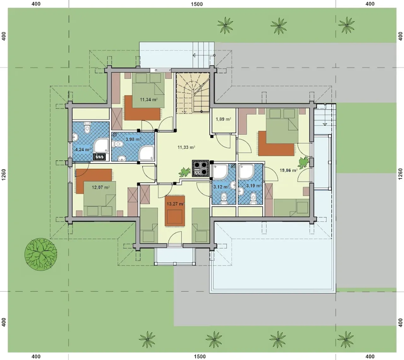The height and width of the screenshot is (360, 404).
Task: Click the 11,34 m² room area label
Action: tap(149, 99)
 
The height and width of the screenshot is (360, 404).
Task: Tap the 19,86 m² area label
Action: tap(288, 170)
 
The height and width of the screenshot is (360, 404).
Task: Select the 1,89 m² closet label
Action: tap(223, 119)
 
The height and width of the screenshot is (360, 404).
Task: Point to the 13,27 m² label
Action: tap(175, 204)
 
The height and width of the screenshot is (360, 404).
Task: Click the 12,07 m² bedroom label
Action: tap(101, 187)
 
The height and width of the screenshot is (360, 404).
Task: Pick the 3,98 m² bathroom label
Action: tap(134, 139)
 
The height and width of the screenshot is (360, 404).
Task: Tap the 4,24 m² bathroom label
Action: tap(83, 149)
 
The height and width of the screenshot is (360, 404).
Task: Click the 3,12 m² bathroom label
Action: tap(221, 187)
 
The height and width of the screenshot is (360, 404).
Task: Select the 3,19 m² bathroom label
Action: tap(254, 186)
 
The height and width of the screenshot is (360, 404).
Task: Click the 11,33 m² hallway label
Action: tap(186, 147)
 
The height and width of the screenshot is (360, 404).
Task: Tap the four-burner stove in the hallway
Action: tap(200, 168)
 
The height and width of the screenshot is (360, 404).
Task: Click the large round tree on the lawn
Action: tap(41, 254)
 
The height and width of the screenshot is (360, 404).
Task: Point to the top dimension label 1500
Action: tap(197, 4)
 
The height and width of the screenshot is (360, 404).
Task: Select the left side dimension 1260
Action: tap(4, 175)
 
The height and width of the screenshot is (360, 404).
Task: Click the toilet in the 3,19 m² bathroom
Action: tap(253, 198)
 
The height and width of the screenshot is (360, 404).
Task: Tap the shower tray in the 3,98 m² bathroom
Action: tap(146, 153)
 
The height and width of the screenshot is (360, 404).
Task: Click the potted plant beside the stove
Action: tap(185, 172)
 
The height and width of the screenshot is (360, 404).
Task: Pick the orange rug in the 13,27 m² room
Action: tap(175, 212)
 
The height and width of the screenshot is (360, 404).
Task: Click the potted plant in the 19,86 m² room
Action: tap(304, 162)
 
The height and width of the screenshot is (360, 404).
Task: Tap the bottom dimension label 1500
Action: tap(200, 357)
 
